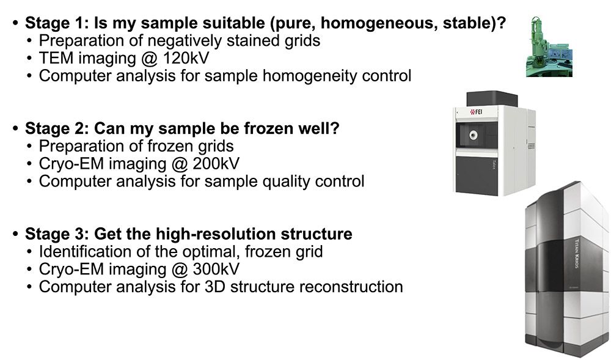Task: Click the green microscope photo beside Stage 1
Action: click(x=549, y=46)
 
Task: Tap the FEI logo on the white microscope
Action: click(x=476, y=112)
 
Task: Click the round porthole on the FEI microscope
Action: click(x=474, y=135)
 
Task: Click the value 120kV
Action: click(x=186, y=58)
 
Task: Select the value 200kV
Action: click(x=216, y=164)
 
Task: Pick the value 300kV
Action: click(x=216, y=269)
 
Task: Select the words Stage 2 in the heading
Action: click(x=56, y=128)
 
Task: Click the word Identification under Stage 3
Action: click(x=86, y=252)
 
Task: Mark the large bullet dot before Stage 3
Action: click(x=16, y=233)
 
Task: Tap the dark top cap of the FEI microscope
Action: click(x=492, y=98)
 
